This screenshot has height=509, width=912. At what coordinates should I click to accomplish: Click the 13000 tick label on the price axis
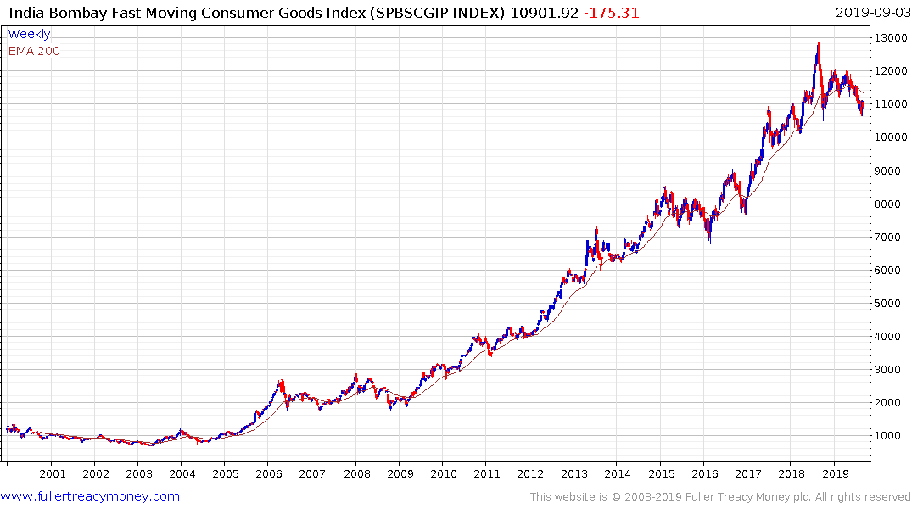pyautogui.click(x=889, y=38)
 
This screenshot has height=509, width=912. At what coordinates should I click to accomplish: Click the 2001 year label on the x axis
pyautogui.click(x=52, y=474)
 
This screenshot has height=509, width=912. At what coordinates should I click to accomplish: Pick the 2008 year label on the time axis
pyautogui.click(x=356, y=474)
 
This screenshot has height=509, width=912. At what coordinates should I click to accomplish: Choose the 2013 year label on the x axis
pyautogui.click(x=574, y=474)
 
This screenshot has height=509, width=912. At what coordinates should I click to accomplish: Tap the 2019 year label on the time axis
pyautogui.click(x=836, y=474)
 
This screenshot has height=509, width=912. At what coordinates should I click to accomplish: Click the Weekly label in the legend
pyautogui.click(x=29, y=35)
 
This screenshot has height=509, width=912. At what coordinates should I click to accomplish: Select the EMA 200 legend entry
pyautogui.click(x=34, y=51)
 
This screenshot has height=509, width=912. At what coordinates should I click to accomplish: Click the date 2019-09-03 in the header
pyautogui.click(x=871, y=13)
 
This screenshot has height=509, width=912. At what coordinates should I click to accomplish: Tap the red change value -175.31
pyautogui.click(x=611, y=13)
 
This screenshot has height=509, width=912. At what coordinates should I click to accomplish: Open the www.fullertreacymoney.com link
pyautogui.click(x=90, y=496)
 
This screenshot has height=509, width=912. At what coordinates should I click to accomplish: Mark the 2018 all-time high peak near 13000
pyautogui.click(x=818, y=44)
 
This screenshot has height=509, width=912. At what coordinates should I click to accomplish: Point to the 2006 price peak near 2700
pyautogui.click(x=282, y=381)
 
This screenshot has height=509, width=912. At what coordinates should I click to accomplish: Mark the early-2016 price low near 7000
pyautogui.click(x=709, y=242)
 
